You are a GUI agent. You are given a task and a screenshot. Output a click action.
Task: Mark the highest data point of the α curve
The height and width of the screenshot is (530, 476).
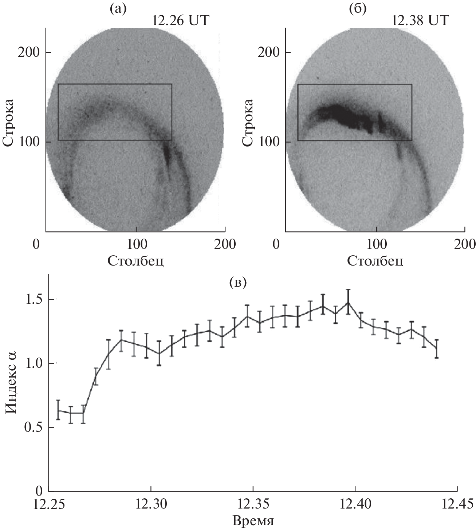click(x=348, y=302)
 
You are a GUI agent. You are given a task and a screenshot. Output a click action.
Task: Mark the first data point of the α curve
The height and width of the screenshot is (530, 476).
click(x=58, y=410)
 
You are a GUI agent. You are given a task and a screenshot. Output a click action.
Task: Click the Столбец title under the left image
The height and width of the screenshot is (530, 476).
click(x=135, y=260)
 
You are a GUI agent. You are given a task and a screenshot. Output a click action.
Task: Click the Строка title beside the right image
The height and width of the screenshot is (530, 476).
click(x=249, y=122)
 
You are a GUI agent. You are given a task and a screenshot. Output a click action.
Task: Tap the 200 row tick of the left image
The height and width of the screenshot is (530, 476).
click(x=32, y=52)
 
